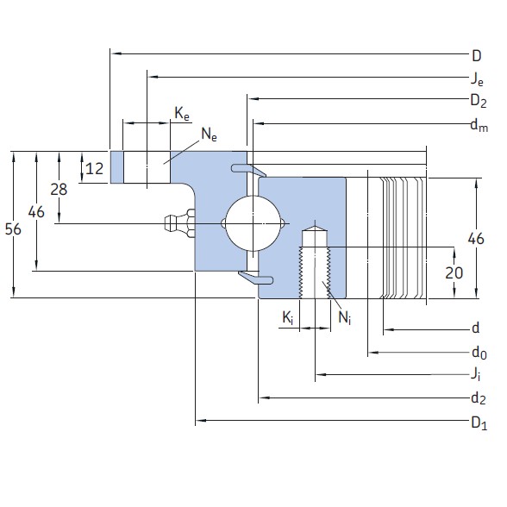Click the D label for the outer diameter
[476, 56]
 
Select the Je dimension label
[476, 79]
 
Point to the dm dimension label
[476, 125]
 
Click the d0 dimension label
[477, 353]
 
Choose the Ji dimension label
[476, 375]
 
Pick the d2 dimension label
[476, 398]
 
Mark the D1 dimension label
[476, 422]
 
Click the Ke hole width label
[182, 113]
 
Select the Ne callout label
[209, 133]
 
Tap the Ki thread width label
[288, 318]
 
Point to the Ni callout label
[344, 318]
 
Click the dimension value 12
[95, 168]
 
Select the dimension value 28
[59, 189]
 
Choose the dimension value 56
[13, 228]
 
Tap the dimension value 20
[454, 272]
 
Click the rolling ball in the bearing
[252, 223]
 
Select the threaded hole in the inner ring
[315, 263]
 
